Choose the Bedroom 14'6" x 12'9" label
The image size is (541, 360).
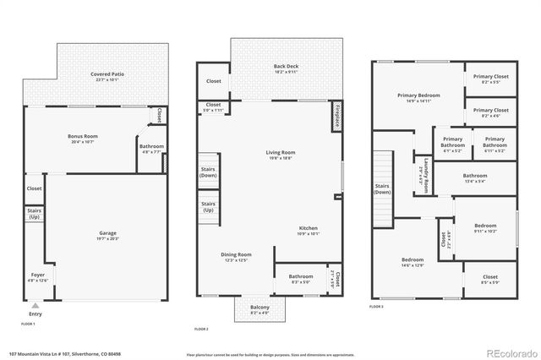click(413, 262)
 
